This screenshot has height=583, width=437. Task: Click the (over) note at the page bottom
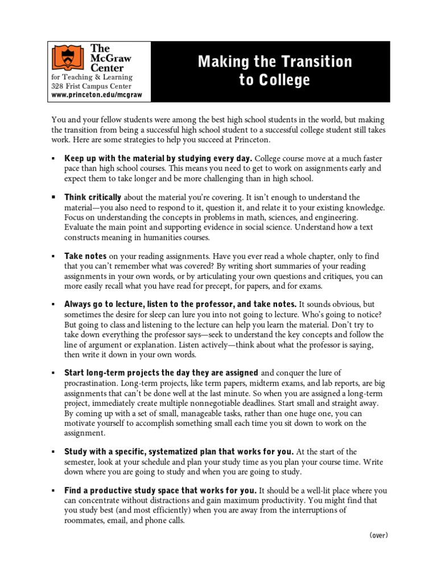(378, 535)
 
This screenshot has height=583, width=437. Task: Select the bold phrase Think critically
(93, 198)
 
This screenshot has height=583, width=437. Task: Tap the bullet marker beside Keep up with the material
(53, 158)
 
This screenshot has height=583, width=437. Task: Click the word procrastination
(92, 383)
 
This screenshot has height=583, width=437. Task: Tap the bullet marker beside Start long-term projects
(53, 373)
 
